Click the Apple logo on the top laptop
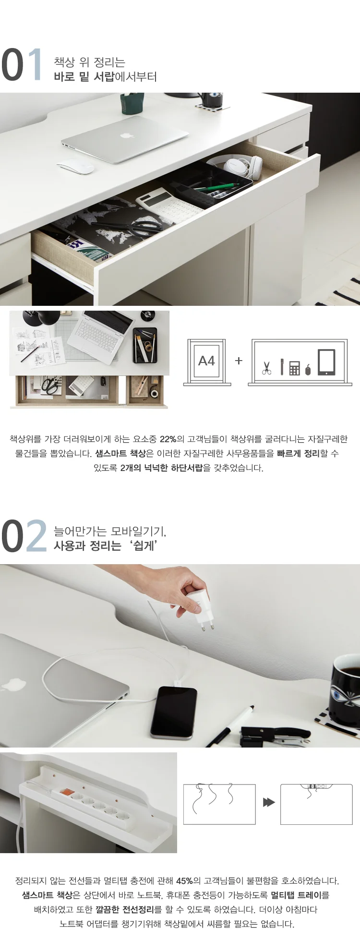pyautogui.click(x=126, y=135)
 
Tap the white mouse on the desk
pyautogui.click(x=76, y=166)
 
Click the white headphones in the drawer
pyautogui.click(x=239, y=166)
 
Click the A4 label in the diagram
pyautogui.click(x=207, y=361)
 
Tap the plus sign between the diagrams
pyautogui.click(x=239, y=361)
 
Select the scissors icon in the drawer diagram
pyautogui.click(x=267, y=368)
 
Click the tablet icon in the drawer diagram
pyautogui.click(x=326, y=362)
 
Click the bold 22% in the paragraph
pyautogui.click(x=168, y=439)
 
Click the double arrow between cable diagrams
pyautogui.click(x=269, y=802)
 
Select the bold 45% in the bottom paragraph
pyautogui.click(x=184, y=881)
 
